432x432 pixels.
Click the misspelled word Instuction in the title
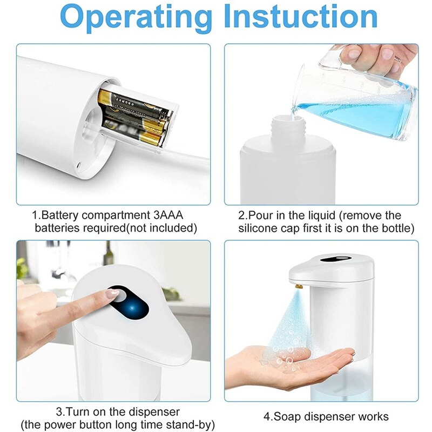[x=300, y=17]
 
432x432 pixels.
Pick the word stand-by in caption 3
[x=192, y=425]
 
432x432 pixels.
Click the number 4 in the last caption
[x=266, y=416]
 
